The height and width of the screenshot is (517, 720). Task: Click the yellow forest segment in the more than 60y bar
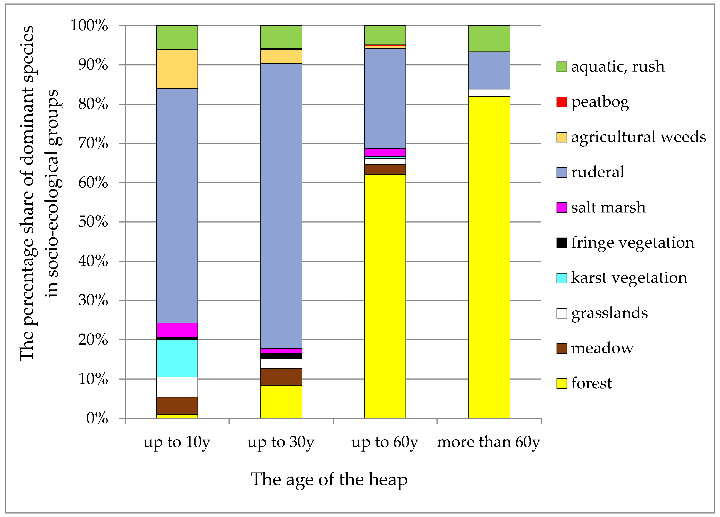pos(489,257)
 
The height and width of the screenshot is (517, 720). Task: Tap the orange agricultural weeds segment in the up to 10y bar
pos(177,69)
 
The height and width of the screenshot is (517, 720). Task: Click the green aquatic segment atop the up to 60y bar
pos(385,35)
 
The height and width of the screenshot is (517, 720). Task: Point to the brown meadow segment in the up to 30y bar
pos(281,377)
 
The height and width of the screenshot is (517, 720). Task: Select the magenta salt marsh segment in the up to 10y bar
pos(177,330)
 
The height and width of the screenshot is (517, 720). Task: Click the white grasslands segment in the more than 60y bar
pos(489,93)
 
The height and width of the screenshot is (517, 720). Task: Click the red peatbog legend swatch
pos(562,102)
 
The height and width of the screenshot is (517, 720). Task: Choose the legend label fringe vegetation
pos(632,243)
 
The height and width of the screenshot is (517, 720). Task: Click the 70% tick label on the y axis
pos(93,144)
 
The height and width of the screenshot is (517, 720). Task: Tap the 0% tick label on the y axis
pos(97,418)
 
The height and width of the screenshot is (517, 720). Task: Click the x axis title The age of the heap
pos(329,479)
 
